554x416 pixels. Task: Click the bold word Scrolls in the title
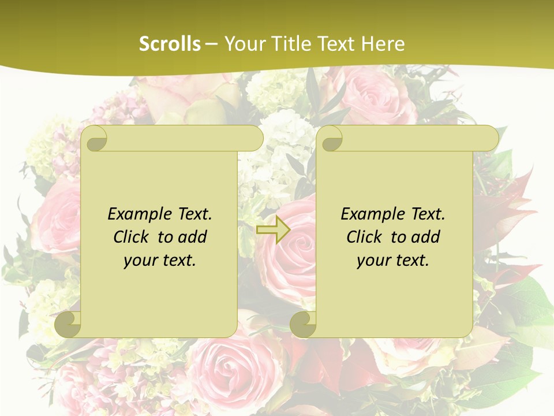(170, 44)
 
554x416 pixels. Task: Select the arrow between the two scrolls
(273, 229)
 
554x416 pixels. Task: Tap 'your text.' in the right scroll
(393, 261)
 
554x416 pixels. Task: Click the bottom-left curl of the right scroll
(304, 324)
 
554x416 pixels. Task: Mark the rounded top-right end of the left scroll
(254, 139)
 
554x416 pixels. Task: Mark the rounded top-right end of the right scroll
(489, 139)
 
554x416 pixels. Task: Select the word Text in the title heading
(336, 44)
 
